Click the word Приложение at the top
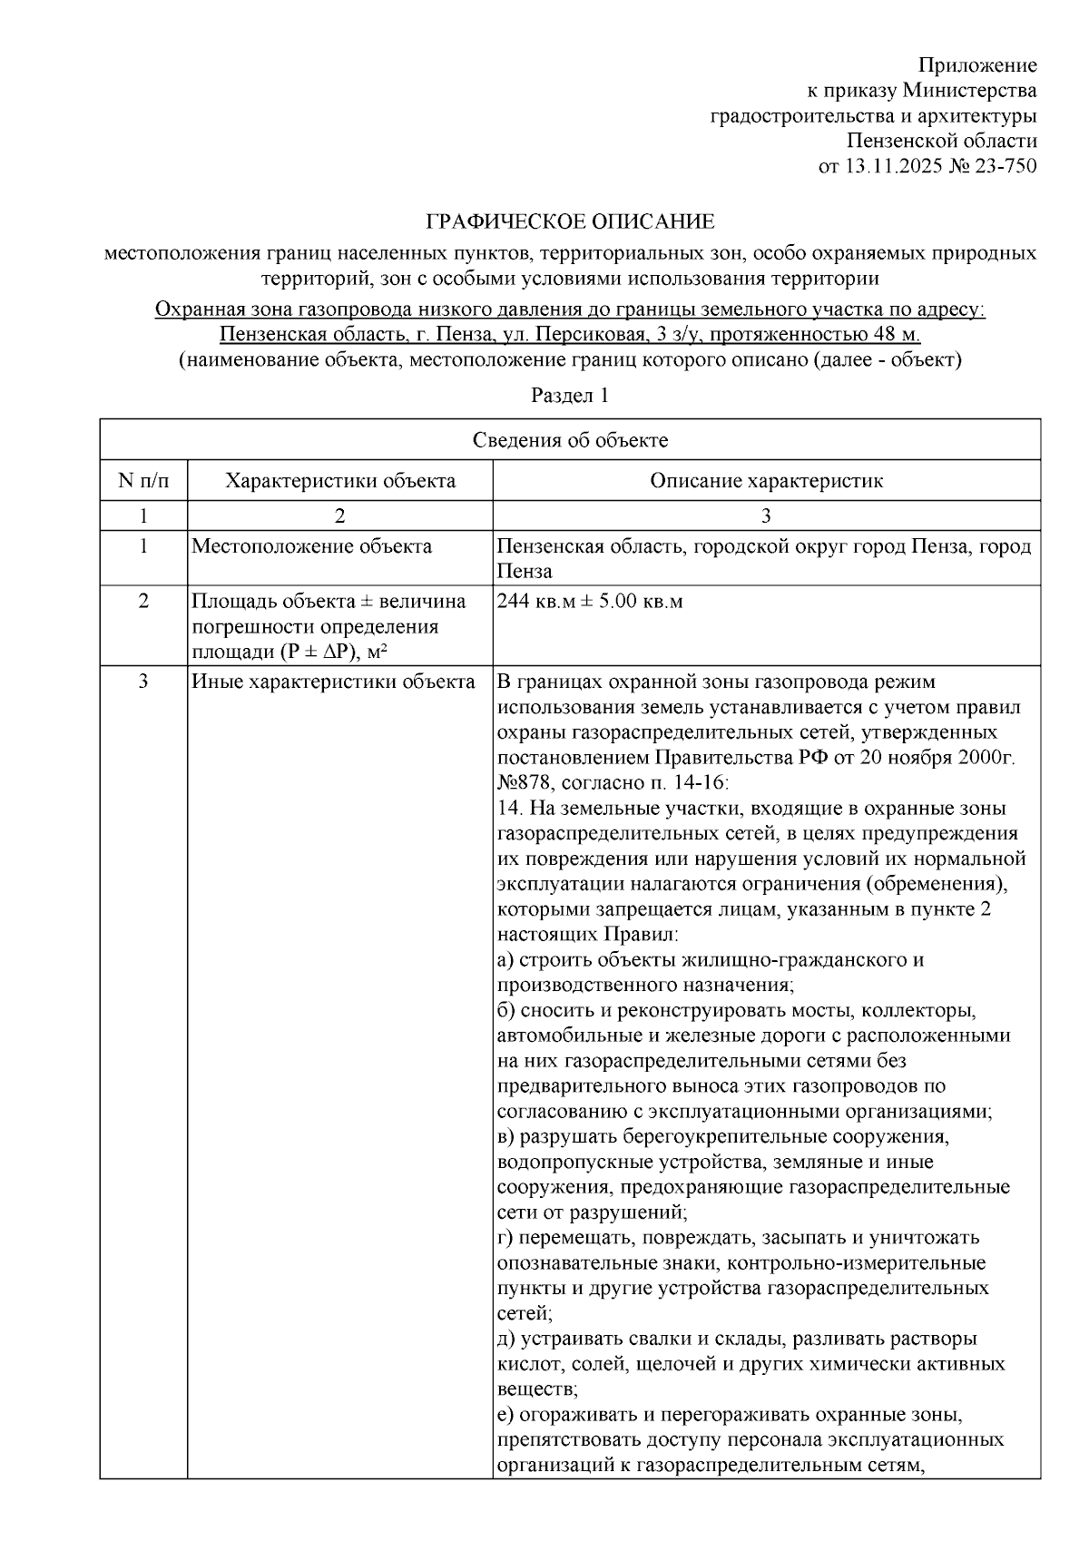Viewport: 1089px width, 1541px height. (977, 65)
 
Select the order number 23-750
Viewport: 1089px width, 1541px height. (1004, 166)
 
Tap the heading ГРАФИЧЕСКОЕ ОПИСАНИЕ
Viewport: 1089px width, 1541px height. (571, 222)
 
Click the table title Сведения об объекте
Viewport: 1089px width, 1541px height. (570, 440)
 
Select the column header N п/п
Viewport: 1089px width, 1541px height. (143, 480)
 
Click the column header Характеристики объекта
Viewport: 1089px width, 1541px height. (340, 480)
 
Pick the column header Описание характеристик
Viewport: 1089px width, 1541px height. (766, 480)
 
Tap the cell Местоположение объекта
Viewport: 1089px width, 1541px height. (311, 546)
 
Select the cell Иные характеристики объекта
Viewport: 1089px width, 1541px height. (333, 682)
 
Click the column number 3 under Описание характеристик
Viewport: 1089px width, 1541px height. (766, 516)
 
